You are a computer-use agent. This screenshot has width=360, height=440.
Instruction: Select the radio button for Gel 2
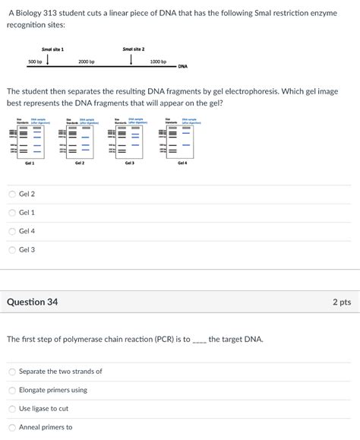12,194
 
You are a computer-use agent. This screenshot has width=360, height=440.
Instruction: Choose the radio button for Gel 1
12,213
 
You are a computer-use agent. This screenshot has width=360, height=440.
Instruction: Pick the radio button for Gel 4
12,231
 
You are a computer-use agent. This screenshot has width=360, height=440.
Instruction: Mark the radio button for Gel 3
12,249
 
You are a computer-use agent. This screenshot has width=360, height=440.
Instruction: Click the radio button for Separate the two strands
12,372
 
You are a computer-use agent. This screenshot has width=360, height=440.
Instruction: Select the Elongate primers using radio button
12,390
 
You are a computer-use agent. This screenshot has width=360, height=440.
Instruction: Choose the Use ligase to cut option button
12,409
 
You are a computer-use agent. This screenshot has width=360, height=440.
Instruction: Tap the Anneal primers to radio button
12,427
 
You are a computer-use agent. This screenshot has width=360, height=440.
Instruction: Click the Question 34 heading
32,302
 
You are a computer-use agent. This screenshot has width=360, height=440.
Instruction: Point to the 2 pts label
341,302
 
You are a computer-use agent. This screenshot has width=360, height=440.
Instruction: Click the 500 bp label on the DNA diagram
35,62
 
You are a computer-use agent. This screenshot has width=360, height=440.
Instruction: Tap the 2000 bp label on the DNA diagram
86,62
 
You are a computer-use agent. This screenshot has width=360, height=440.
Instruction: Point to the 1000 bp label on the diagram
158,62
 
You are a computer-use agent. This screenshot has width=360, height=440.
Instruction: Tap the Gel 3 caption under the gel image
128,163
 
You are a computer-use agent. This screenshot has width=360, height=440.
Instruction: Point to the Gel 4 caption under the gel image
182,163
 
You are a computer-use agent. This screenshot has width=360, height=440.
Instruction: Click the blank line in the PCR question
199,340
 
